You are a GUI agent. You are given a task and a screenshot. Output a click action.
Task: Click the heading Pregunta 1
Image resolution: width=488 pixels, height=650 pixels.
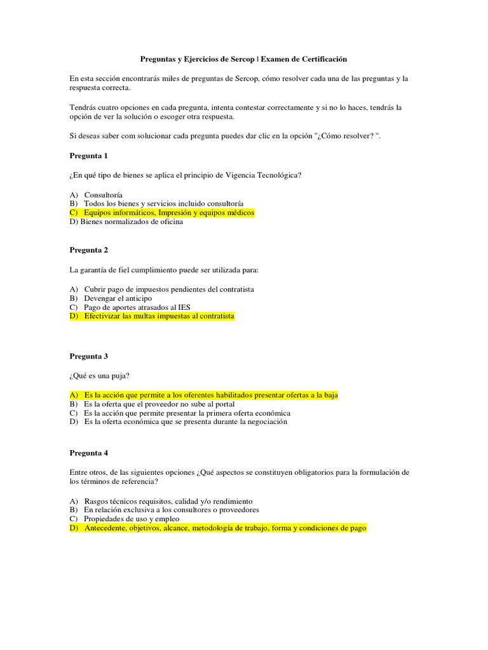tap(88, 156)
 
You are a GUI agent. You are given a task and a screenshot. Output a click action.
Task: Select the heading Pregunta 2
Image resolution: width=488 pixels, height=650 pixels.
tap(88, 249)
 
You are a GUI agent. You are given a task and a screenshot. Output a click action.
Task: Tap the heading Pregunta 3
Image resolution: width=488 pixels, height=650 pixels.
tap(88, 356)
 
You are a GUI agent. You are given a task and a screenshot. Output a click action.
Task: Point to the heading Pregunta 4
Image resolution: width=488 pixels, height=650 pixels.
tap(88, 453)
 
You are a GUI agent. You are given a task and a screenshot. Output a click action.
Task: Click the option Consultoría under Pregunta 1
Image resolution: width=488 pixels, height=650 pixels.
tap(104, 194)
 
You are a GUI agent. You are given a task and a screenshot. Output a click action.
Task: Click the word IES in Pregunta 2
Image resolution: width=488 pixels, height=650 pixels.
tap(184, 307)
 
